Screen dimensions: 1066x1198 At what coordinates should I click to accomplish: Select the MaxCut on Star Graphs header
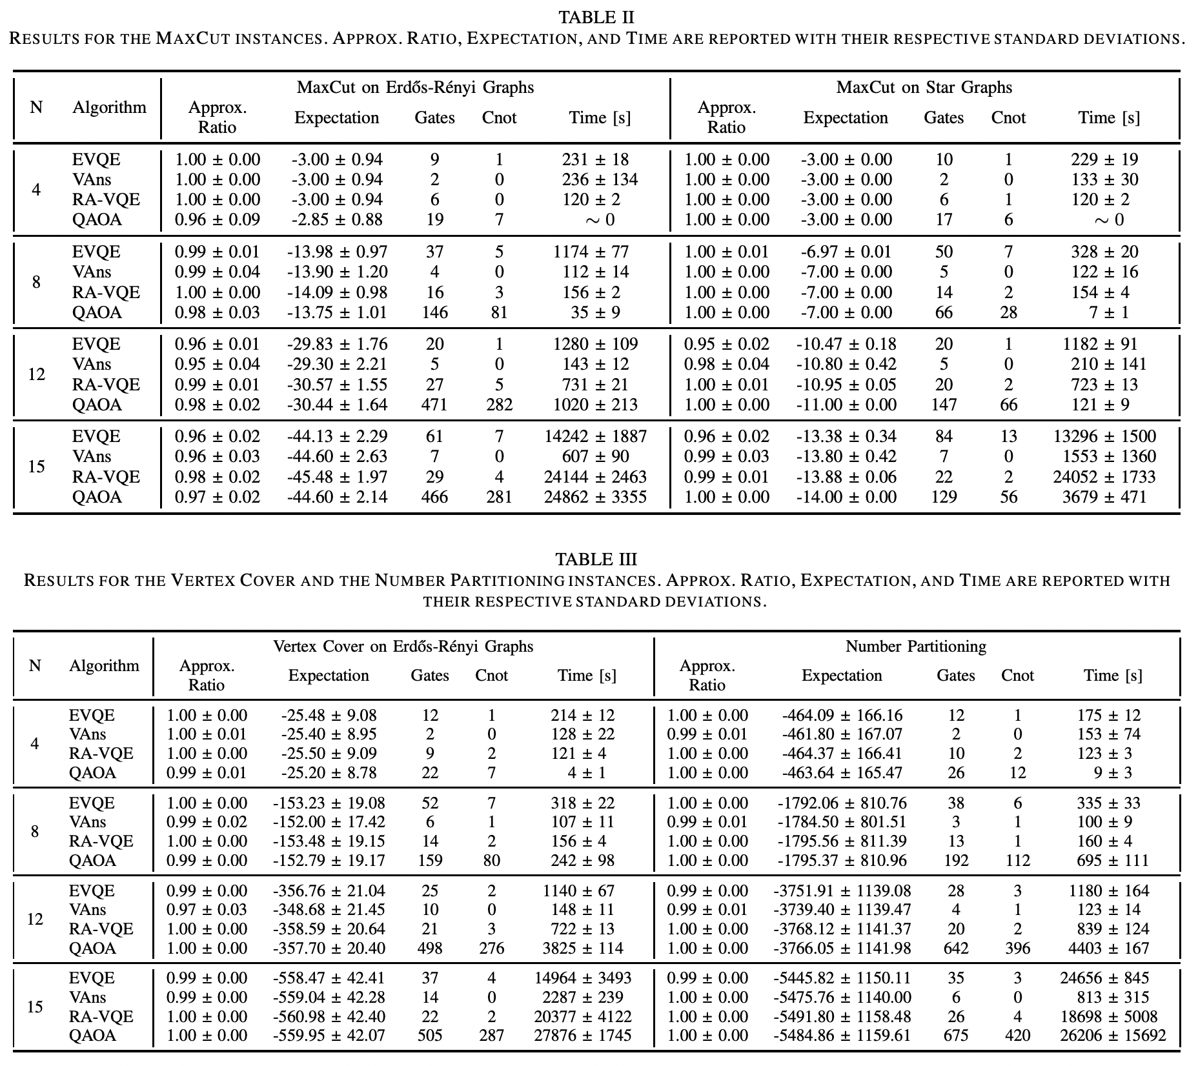point(924,87)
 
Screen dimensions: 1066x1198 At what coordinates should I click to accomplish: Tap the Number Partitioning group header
point(915,646)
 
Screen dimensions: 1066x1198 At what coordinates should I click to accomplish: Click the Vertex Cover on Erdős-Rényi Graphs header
point(403,646)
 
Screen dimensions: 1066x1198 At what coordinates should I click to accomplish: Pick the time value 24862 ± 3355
point(596,497)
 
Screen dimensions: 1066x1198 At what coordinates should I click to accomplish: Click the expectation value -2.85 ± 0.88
point(337,219)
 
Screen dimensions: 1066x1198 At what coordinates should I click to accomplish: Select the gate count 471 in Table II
point(434,405)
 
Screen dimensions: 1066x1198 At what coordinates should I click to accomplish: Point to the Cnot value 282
point(499,405)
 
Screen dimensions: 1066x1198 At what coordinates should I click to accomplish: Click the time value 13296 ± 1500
point(1104,436)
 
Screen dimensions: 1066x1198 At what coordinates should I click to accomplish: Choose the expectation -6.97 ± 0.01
point(846,252)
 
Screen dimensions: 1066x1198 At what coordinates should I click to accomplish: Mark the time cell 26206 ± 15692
point(1113,1036)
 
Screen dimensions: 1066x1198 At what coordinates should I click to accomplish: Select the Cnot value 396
point(1017,948)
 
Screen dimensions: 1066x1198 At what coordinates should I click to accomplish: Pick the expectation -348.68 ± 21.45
point(329,909)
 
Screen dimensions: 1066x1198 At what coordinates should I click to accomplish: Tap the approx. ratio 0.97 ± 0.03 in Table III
point(207,909)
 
